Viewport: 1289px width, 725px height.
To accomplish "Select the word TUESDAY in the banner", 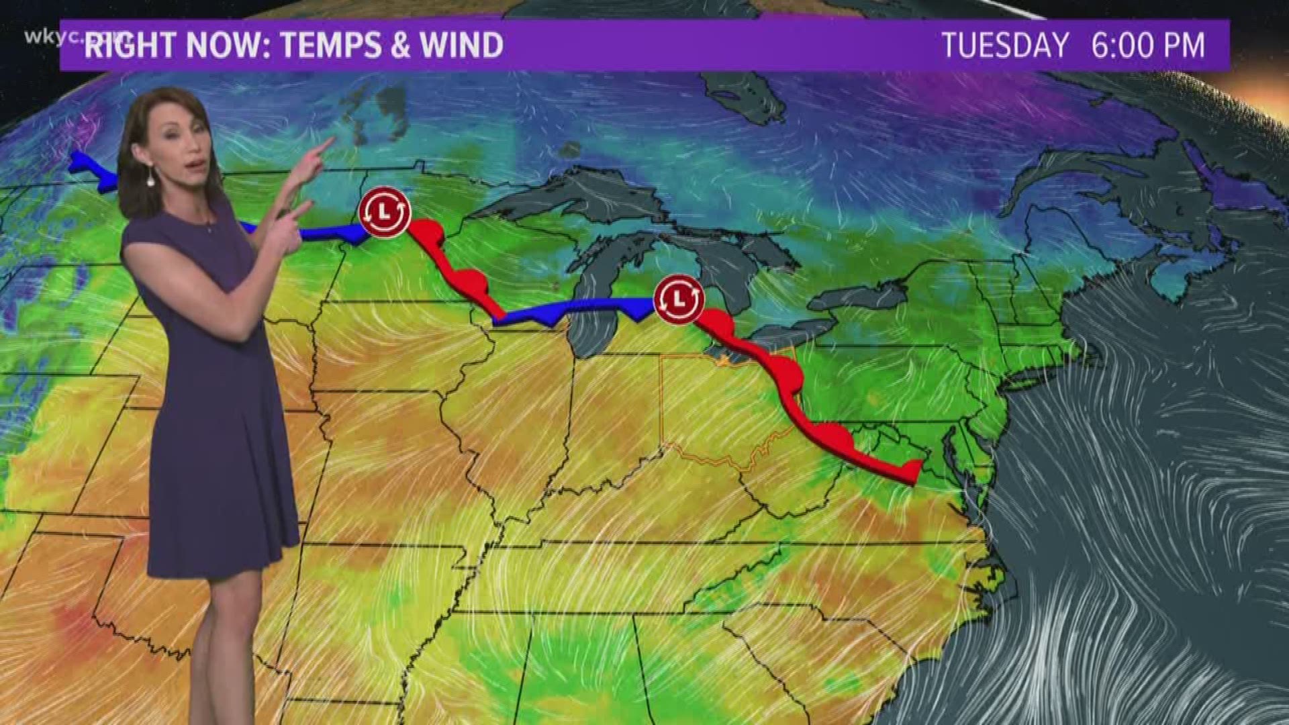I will (1005, 45).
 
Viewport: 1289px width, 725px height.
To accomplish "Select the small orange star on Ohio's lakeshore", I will (723, 361).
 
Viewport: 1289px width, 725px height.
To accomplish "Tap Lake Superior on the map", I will (577, 195).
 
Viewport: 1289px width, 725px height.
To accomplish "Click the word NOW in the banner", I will (215, 45).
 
